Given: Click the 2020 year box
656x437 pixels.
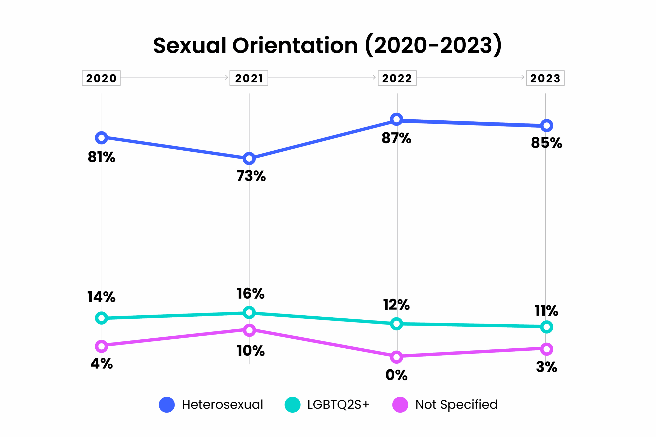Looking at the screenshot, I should click(x=101, y=78).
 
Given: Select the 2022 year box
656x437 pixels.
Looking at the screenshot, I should click(x=397, y=78).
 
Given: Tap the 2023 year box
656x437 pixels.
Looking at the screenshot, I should click(x=545, y=78).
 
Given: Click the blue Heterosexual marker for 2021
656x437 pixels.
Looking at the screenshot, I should click(x=249, y=159).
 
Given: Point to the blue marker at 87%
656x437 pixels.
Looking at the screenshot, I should click(x=396, y=120).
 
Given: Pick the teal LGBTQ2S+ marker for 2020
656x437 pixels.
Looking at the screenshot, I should click(x=101, y=318).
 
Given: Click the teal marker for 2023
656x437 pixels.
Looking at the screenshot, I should click(x=546, y=327).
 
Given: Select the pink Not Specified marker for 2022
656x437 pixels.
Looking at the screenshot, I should click(x=396, y=357).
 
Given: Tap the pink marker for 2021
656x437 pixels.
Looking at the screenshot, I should click(x=249, y=330).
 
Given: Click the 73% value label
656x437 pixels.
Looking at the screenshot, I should click(x=251, y=176).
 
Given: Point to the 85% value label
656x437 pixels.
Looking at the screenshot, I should click(x=546, y=143).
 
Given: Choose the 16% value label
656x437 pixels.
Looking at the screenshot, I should click(x=250, y=294).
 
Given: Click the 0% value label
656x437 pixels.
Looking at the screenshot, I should click(x=396, y=375).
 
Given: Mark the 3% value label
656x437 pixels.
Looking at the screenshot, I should click(x=546, y=367).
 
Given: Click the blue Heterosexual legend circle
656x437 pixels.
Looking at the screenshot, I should click(x=167, y=405).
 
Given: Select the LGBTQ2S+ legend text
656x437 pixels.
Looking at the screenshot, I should click(x=338, y=405).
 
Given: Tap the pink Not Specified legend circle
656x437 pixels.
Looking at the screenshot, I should click(x=400, y=405).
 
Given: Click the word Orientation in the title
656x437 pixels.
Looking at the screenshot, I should click(x=295, y=45).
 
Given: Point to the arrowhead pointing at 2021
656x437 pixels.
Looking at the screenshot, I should click(x=227, y=77).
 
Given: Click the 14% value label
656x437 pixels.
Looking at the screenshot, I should click(x=101, y=297).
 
